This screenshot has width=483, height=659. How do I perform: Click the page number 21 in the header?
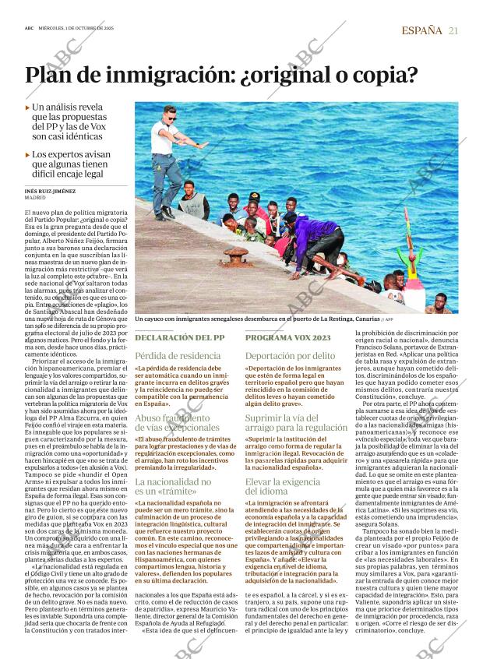pyautogui.click(x=453, y=30)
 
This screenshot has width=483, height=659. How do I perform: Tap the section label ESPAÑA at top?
pyautogui.click(x=421, y=30)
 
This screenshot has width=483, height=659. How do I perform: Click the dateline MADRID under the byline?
pyautogui.click(x=35, y=198)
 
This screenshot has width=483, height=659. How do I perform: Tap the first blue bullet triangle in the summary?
pyautogui.click(x=28, y=107)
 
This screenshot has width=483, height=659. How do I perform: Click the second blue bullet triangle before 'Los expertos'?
pyautogui.click(x=28, y=154)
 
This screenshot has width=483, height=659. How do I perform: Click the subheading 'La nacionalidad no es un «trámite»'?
pyautogui.click(x=173, y=487)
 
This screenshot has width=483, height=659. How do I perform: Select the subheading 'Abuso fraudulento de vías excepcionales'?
pyautogui.click(x=171, y=422)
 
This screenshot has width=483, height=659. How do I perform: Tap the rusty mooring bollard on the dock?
pyautogui.click(x=234, y=255)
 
